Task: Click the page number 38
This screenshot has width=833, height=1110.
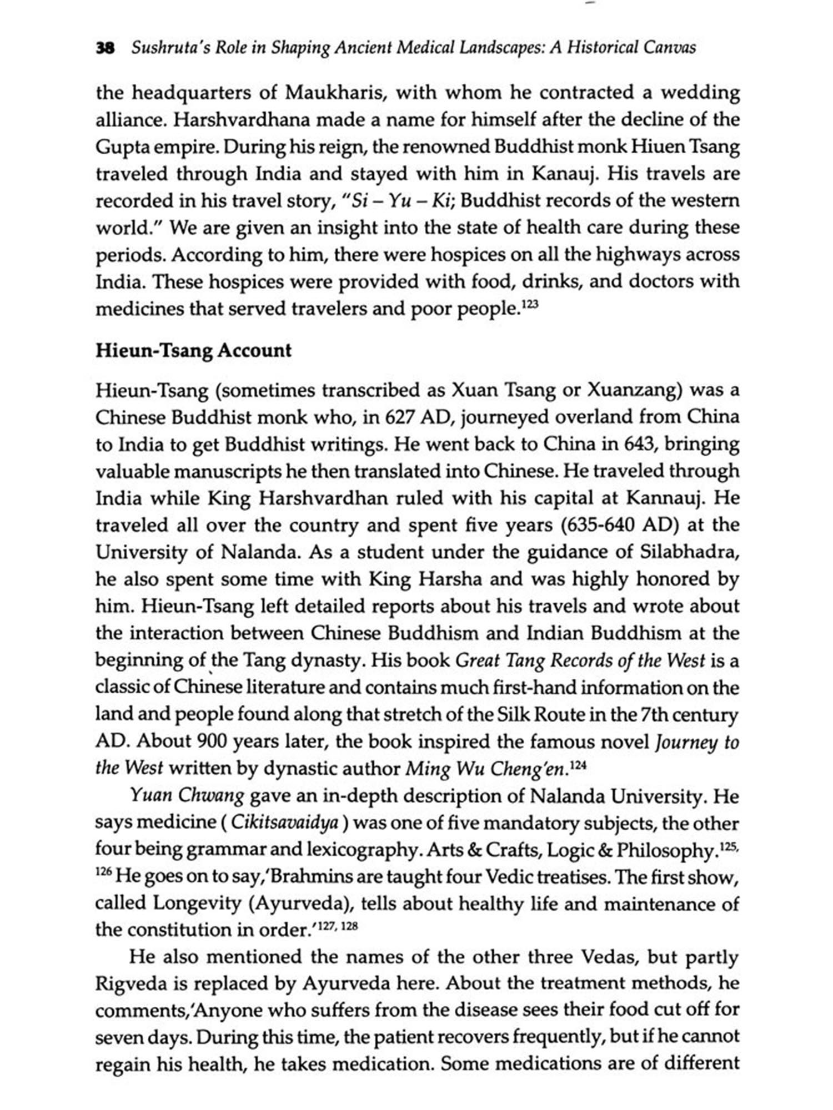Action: coord(106,48)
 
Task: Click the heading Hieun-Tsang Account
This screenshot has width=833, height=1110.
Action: coord(193,351)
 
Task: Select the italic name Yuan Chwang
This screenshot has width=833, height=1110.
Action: coord(187,796)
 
